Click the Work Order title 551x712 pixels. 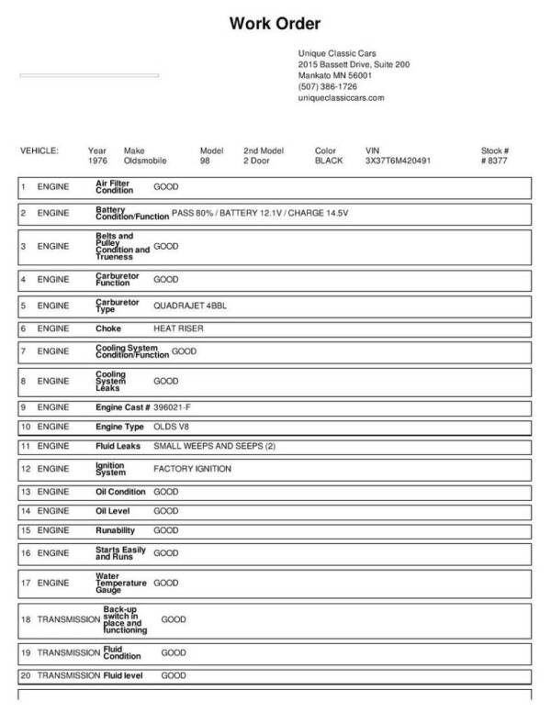[x=275, y=24]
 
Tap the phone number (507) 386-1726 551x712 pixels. [x=328, y=86]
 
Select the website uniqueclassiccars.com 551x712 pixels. [x=341, y=97]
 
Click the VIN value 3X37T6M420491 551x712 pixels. [x=398, y=161]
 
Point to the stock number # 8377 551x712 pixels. [x=494, y=161]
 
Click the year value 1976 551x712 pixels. [x=97, y=161]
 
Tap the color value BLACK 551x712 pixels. [x=329, y=161]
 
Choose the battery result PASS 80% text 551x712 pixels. [x=193, y=213]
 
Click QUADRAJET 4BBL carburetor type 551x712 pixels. [x=189, y=306]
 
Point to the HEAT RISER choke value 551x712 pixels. [x=178, y=328]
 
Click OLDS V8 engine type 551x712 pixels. [x=170, y=427]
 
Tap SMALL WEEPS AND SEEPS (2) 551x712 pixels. [x=214, y=447]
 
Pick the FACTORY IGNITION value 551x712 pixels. [x=192, y=469]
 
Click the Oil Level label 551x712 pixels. [x=117, y=510]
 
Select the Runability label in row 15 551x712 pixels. [x=115, y=530]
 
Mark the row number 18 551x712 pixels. [x=26, y=620]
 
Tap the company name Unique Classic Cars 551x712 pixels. [x=337, y=53]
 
